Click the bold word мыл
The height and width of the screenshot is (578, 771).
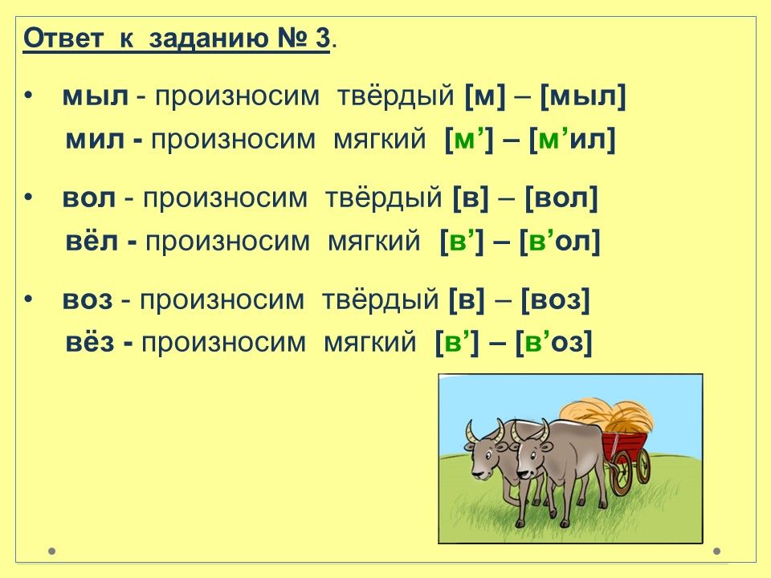pyautogui.click(x=95, y=97)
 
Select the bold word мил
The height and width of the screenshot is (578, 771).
pyautogui.click(x=95, y=140)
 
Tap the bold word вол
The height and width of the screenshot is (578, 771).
pyautogui.click(x=89, y=198)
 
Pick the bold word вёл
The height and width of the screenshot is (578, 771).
pyautogui.click(x=92, y=241)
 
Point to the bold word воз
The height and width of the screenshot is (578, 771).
pyautogui.click(x=88, y=299)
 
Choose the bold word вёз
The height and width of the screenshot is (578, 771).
pyautogui.click(x=90, y=342)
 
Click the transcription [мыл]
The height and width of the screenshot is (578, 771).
pyautogui.click(x=583, y=97)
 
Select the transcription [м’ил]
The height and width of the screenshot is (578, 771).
pyautogui.click(x=573, y=140)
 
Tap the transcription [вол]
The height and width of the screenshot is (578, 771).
pyautogui.click(x=561, y=198)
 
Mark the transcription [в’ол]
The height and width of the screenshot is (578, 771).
pyautogui.click(x=560, y=241)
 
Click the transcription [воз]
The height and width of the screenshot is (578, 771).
pyautogui.click(x=555, y=299)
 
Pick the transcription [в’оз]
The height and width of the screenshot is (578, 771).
pyautogui.click(x=553, y=342)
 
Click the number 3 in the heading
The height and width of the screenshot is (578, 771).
pyautogui.click(x=322, y=38)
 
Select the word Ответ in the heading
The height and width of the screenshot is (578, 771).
pyautogui.click(x=63, y=38)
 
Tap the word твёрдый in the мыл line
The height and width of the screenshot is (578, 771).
pyautogui.click(x=395, y=96)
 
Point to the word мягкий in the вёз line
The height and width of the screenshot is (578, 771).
pyautogui.click(x=369, y=342)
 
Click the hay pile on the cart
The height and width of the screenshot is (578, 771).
pyautogui.click(x=608, y=417)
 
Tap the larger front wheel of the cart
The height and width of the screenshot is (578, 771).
pyautogui.click(x=621, y=473)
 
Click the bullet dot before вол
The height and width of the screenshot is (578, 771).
pyautogui.click(x=29, y=197)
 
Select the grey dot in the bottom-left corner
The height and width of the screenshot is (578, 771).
pyautogui.click(x=52, y=551)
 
